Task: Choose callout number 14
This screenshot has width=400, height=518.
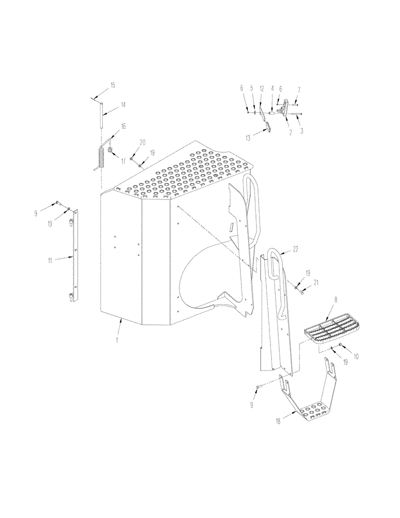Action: (x=123, y=105)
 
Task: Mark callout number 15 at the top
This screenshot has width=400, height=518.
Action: (x=113, y=84)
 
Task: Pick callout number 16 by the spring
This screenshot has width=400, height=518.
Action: (x=123, y=126)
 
